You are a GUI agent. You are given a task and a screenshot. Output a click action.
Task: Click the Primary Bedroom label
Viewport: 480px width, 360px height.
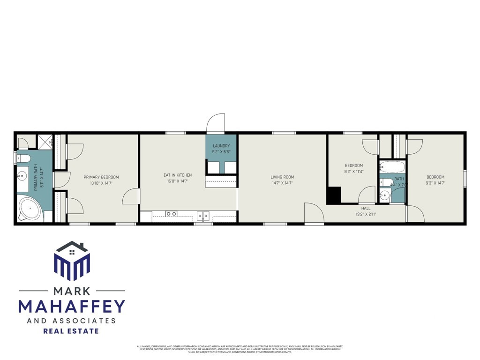101,177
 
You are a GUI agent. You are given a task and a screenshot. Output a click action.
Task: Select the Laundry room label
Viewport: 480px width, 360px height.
221,146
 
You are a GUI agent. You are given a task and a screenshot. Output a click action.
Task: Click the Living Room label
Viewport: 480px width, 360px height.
282,177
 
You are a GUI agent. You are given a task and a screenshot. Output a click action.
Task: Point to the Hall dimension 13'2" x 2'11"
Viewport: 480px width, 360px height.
366,214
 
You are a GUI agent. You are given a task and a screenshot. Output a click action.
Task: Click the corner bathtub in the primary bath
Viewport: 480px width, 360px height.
30,209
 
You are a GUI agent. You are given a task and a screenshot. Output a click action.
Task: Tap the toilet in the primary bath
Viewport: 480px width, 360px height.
23,157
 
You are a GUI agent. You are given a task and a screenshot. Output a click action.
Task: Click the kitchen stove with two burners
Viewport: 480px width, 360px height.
172,214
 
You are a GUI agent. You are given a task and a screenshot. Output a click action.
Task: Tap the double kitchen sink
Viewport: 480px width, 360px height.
203,216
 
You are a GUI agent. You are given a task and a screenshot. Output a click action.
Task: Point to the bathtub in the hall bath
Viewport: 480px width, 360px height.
392,167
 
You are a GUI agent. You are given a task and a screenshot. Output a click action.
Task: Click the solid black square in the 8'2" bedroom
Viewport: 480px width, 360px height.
333,195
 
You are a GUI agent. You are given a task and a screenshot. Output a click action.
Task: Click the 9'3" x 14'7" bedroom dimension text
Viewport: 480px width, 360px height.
435,183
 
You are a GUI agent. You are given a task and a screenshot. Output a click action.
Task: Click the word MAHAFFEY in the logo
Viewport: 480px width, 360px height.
72,306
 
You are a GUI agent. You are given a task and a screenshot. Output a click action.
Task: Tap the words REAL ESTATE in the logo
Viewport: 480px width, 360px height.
71,331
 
